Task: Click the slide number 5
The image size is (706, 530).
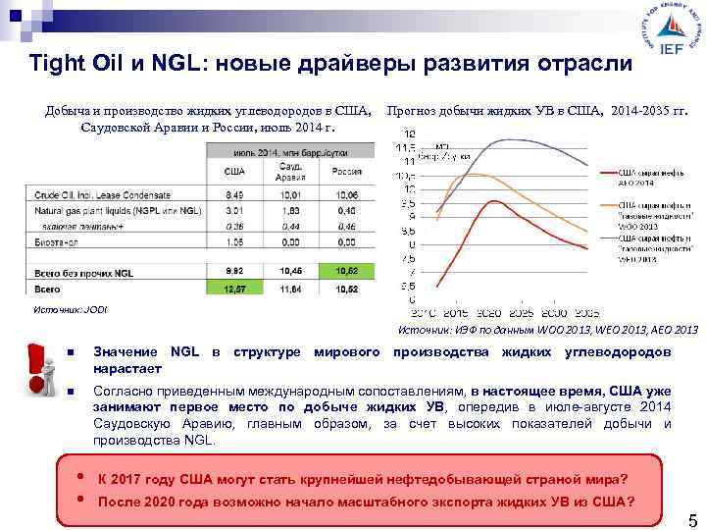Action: click(x=691, y=518)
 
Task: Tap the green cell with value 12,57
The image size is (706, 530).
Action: click(x=234, y=290)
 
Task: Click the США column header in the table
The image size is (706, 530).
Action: click(x=234, y=171)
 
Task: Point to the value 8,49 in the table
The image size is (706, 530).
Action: click(x=234, y=194)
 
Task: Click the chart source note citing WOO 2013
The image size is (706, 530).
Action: click(x=547, y=330)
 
